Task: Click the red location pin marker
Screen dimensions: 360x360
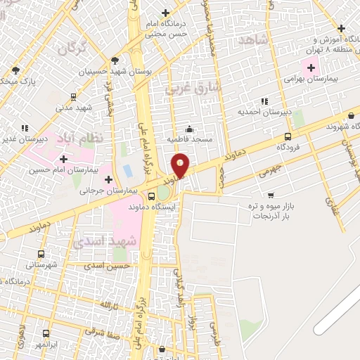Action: pos(181,166)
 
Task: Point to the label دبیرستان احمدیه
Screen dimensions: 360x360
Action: pos(264,112)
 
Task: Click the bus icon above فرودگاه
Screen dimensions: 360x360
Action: pos(288,137)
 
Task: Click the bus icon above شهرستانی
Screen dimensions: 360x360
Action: pos(41,255)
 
